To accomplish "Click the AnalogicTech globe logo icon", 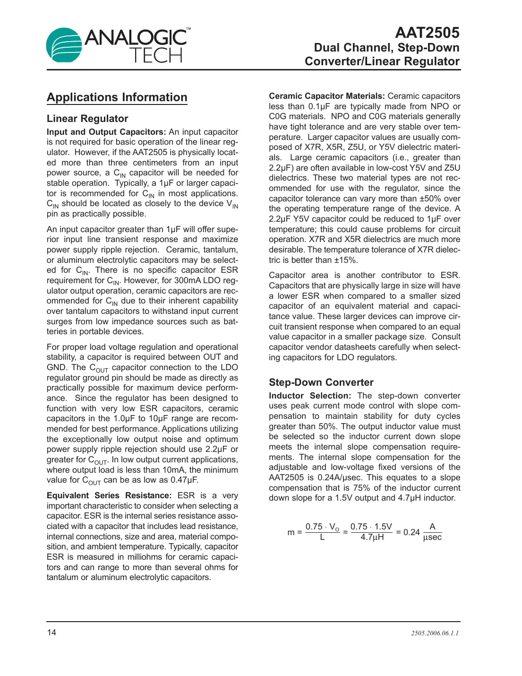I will [64, 45].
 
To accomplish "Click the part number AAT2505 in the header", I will [427, 33].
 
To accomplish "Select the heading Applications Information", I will [117, 97].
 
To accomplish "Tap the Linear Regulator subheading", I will [87, 119].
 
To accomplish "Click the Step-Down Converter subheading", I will [321, 382].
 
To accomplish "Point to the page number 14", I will [51, 633].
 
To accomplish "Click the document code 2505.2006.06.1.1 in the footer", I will [435, 633].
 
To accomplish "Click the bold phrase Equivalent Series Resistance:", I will [109, 495].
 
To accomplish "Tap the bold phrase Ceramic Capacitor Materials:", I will [326, 96].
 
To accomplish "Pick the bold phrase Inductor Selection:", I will [310, 396].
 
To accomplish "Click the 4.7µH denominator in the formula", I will [372, 537].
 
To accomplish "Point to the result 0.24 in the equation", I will [411, 532].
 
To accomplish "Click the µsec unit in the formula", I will [432, 537].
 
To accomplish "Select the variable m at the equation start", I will [291, 533].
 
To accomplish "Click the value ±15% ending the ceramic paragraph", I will [345, 260].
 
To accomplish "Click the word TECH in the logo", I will [156, 55].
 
